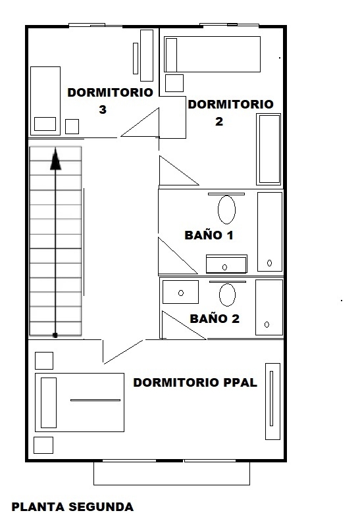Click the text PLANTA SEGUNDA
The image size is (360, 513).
pyautogui.click(x=72, y=506)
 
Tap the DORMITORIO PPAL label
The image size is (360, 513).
pyautogui.click(x=195, y=383)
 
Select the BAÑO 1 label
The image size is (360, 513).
pyautogui.click(x=209, y=235)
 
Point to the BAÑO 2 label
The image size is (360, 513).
pyautogui.click(x=215, y=318)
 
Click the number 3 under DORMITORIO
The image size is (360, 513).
pyautogui.click(x=103, y=109)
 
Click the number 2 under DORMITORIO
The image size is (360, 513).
pyautogui.click(x=219, y=121)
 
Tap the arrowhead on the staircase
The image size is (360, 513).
pyautogui.click(x=55, y=159)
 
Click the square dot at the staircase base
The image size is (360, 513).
pyautogui.click(x=55, y=335)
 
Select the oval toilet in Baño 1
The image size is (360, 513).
pyautogui.click(x=226, y=210)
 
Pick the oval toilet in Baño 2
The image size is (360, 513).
pyautogui.click(x=227, y=295)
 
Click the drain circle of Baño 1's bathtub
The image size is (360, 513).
pyautogui.click(x=269, y=262)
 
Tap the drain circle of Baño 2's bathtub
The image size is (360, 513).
pyautogui.click(x=267, y=324)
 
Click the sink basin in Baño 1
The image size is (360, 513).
pyautogui.click(x=226, y=264)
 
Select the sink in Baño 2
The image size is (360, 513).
pyautogui.click(x=180, y=292)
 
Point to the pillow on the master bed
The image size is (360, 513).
pyautogui.click(x=49, y=403)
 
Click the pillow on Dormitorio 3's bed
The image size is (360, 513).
pyautogui.click(x=45, y=124)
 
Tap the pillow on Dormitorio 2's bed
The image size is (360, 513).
pyautogui.click(x=171, y=55)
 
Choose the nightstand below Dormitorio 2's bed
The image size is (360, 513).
pyautogui.click(x=174, y=83)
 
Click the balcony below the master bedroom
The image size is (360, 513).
pyautogui.click(x=172, y=473)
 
